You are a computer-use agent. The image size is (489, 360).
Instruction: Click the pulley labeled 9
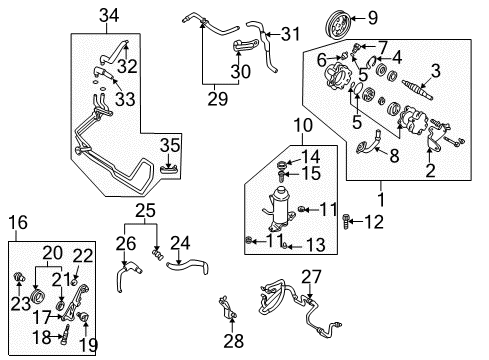click(x=337, y=25)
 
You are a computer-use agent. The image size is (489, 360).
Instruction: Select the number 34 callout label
click(x=109, y=16)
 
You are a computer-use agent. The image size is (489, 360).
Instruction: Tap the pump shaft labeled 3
click(x=417, y=90)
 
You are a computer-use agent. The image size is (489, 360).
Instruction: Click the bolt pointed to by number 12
click(x=345, y=221)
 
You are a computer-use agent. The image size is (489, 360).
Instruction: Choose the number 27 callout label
click(x=311, y=277)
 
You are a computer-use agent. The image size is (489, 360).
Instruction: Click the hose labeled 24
click(x=187, y=266)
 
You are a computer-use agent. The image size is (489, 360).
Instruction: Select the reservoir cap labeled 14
click(x=281, y=165)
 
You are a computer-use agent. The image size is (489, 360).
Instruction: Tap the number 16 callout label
click(x=18, y=222)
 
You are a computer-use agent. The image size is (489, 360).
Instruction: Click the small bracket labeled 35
click(x=169, y=170)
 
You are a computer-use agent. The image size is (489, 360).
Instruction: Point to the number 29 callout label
click(x=218, y=99)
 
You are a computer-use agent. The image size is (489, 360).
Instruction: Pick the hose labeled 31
click(x=265, y=46)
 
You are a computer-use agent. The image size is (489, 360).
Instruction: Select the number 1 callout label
click(x=381, y=199)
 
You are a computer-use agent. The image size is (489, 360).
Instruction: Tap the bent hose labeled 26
click(x=127, y=274)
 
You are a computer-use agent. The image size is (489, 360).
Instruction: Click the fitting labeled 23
click(x=19, y=277)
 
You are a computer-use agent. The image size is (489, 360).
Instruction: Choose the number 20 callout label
click(x=52, y=253)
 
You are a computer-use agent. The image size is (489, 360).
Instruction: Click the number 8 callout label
click(x=394, y=156)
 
